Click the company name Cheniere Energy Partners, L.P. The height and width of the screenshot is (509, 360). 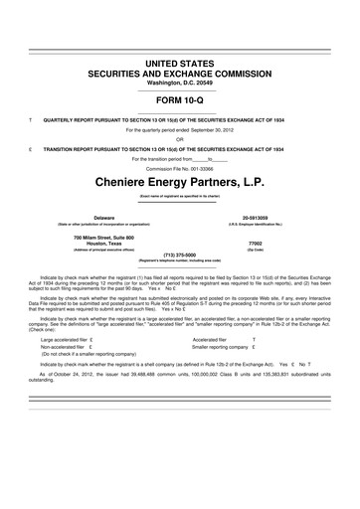coord(179,183)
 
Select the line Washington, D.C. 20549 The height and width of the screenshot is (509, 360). coord(179,83)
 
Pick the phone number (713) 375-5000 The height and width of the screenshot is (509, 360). coord(179,254)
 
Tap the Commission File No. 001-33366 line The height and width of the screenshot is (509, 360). coord(179,167)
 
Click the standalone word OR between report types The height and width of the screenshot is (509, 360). coord(179,138)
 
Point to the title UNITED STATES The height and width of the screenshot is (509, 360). coord(179,63)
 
